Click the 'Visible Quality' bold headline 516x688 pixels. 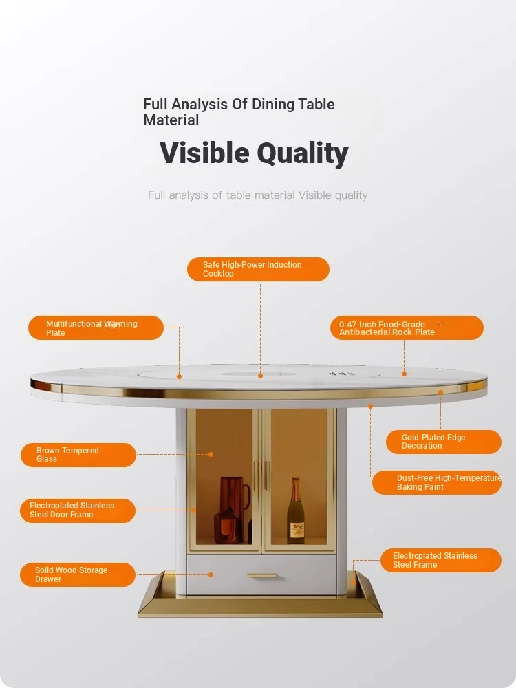[254, 153]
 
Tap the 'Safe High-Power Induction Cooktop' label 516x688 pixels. [258, 269]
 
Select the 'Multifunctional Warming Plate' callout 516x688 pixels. [96, 327]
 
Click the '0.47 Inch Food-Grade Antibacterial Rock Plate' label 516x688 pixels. [407, 327]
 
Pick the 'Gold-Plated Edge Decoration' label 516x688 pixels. [444, 442]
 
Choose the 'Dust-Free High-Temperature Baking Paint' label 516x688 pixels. [437, 482]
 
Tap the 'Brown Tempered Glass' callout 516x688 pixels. [78, 455]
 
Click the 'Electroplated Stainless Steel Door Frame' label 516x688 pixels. [78, 510]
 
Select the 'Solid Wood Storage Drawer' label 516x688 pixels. [78, 574]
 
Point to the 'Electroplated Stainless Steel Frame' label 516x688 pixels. [441, 560]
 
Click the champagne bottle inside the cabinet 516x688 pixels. [296, 511]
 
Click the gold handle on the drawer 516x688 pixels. [262, 576]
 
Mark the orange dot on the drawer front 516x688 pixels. [211, 574]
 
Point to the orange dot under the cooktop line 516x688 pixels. [260, 376]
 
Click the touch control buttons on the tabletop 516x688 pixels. [342, 374]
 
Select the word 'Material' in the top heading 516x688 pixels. [171, 120]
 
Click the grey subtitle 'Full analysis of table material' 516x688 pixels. [221, 195]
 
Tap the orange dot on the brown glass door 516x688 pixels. [211, 455]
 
